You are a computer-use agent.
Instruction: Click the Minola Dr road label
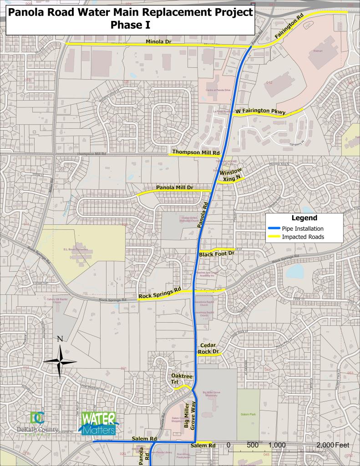click(158, 41)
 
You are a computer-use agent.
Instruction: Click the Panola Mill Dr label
click(175, 187)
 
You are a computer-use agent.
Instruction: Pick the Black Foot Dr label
click(217, 253)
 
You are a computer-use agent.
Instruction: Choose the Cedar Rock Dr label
click(209, 349)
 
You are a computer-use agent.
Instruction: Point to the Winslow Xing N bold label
click(230, 176)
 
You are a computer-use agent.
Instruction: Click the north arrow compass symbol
click(60, 361)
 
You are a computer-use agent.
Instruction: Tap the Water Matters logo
click(98, 424)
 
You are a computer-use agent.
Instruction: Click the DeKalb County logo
click(36, 424)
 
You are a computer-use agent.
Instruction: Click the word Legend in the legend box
click(304, 218)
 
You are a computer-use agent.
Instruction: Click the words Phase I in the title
click(130, 26)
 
